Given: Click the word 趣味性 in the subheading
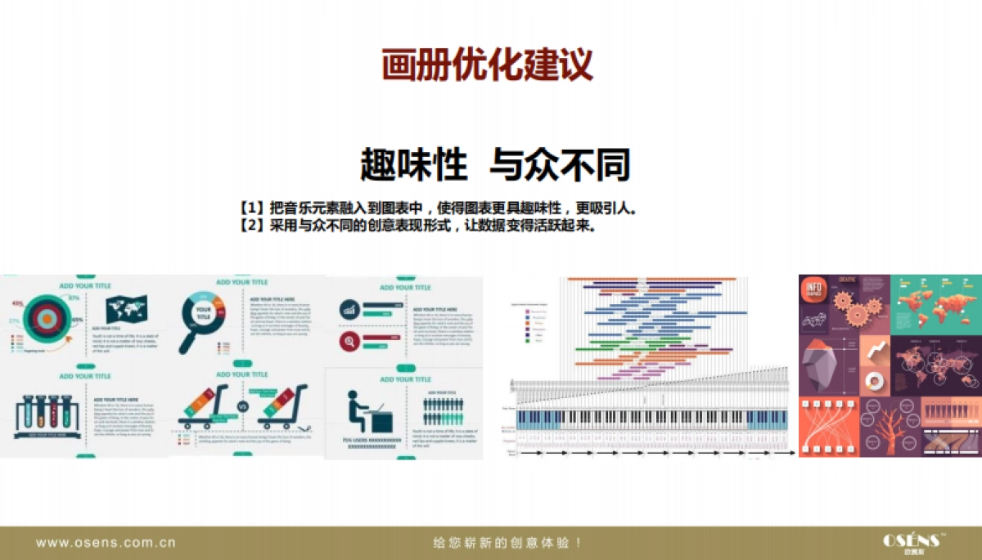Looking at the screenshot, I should click(413, 164).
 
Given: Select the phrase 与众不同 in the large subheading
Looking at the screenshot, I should click(560, 164).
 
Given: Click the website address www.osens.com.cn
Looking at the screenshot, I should click(106, 542).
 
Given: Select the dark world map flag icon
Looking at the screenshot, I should click(126, 310).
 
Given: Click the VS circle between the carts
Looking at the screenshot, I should click(242, 406).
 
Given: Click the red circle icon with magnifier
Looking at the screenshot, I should click(349, 340).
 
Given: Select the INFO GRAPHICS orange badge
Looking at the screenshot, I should click(815, 292).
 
